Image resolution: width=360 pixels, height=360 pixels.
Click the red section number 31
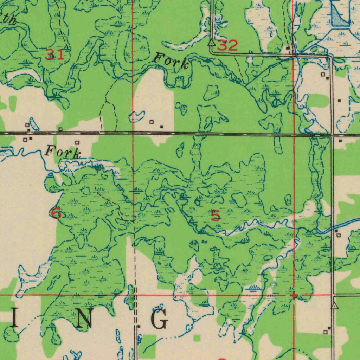point(55,54)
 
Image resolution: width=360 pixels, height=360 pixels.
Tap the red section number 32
point(228,46)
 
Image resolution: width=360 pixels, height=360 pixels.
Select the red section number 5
point(216,216)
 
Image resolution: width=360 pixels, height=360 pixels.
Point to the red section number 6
point(56,213)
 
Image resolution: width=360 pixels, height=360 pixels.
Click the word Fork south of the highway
point(63,153)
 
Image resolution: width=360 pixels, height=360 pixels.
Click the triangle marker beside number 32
point(211,43)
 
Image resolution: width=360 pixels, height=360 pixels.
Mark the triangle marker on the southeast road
point(335,306)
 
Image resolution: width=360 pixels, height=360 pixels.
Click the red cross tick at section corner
point(294,295)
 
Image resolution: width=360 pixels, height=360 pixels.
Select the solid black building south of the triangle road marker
point(329,328)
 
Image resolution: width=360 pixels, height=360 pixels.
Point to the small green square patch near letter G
point(197,338)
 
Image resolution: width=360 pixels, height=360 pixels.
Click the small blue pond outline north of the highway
point(137,116)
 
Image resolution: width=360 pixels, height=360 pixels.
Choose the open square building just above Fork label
point(77,143)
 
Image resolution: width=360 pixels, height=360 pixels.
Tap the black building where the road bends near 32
point(288,48)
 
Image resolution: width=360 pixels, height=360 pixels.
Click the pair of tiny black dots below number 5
point(205,242)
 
